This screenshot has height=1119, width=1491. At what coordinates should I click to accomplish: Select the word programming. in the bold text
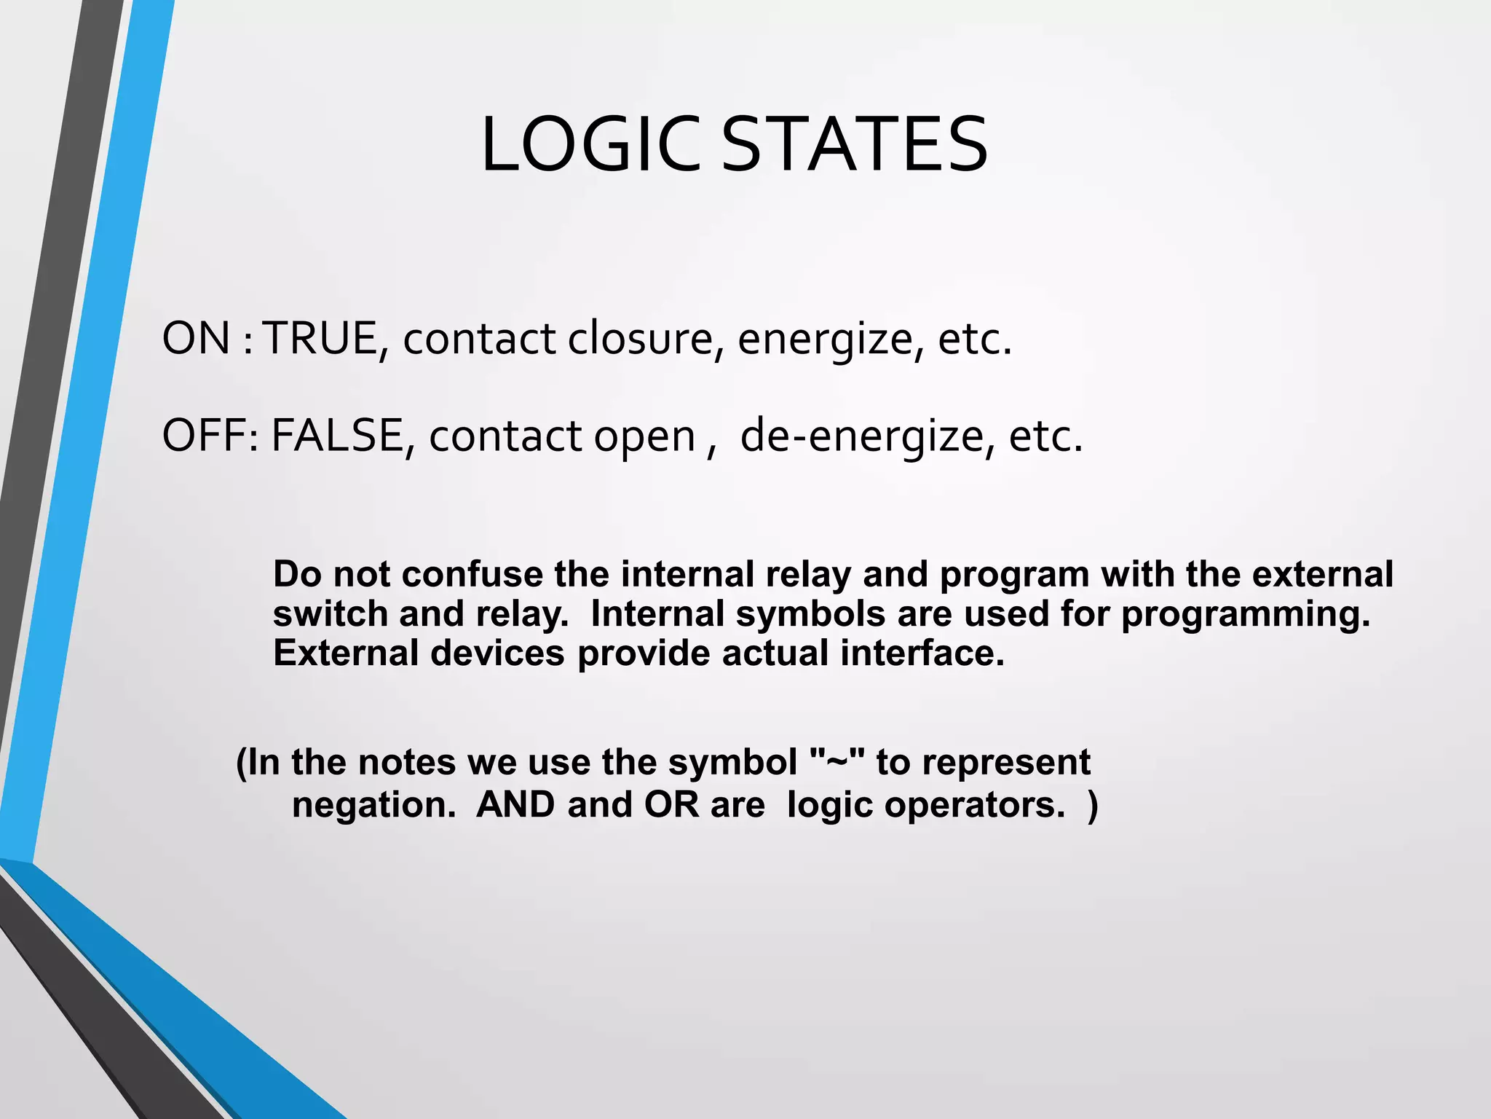[x=1246, y=613]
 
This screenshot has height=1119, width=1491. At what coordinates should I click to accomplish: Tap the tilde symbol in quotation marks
[x=838, y=762]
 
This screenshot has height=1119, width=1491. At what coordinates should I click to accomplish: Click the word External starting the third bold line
[x=345, y=653]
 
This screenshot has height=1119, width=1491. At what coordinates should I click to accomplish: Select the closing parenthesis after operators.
[x=1092, y=805]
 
